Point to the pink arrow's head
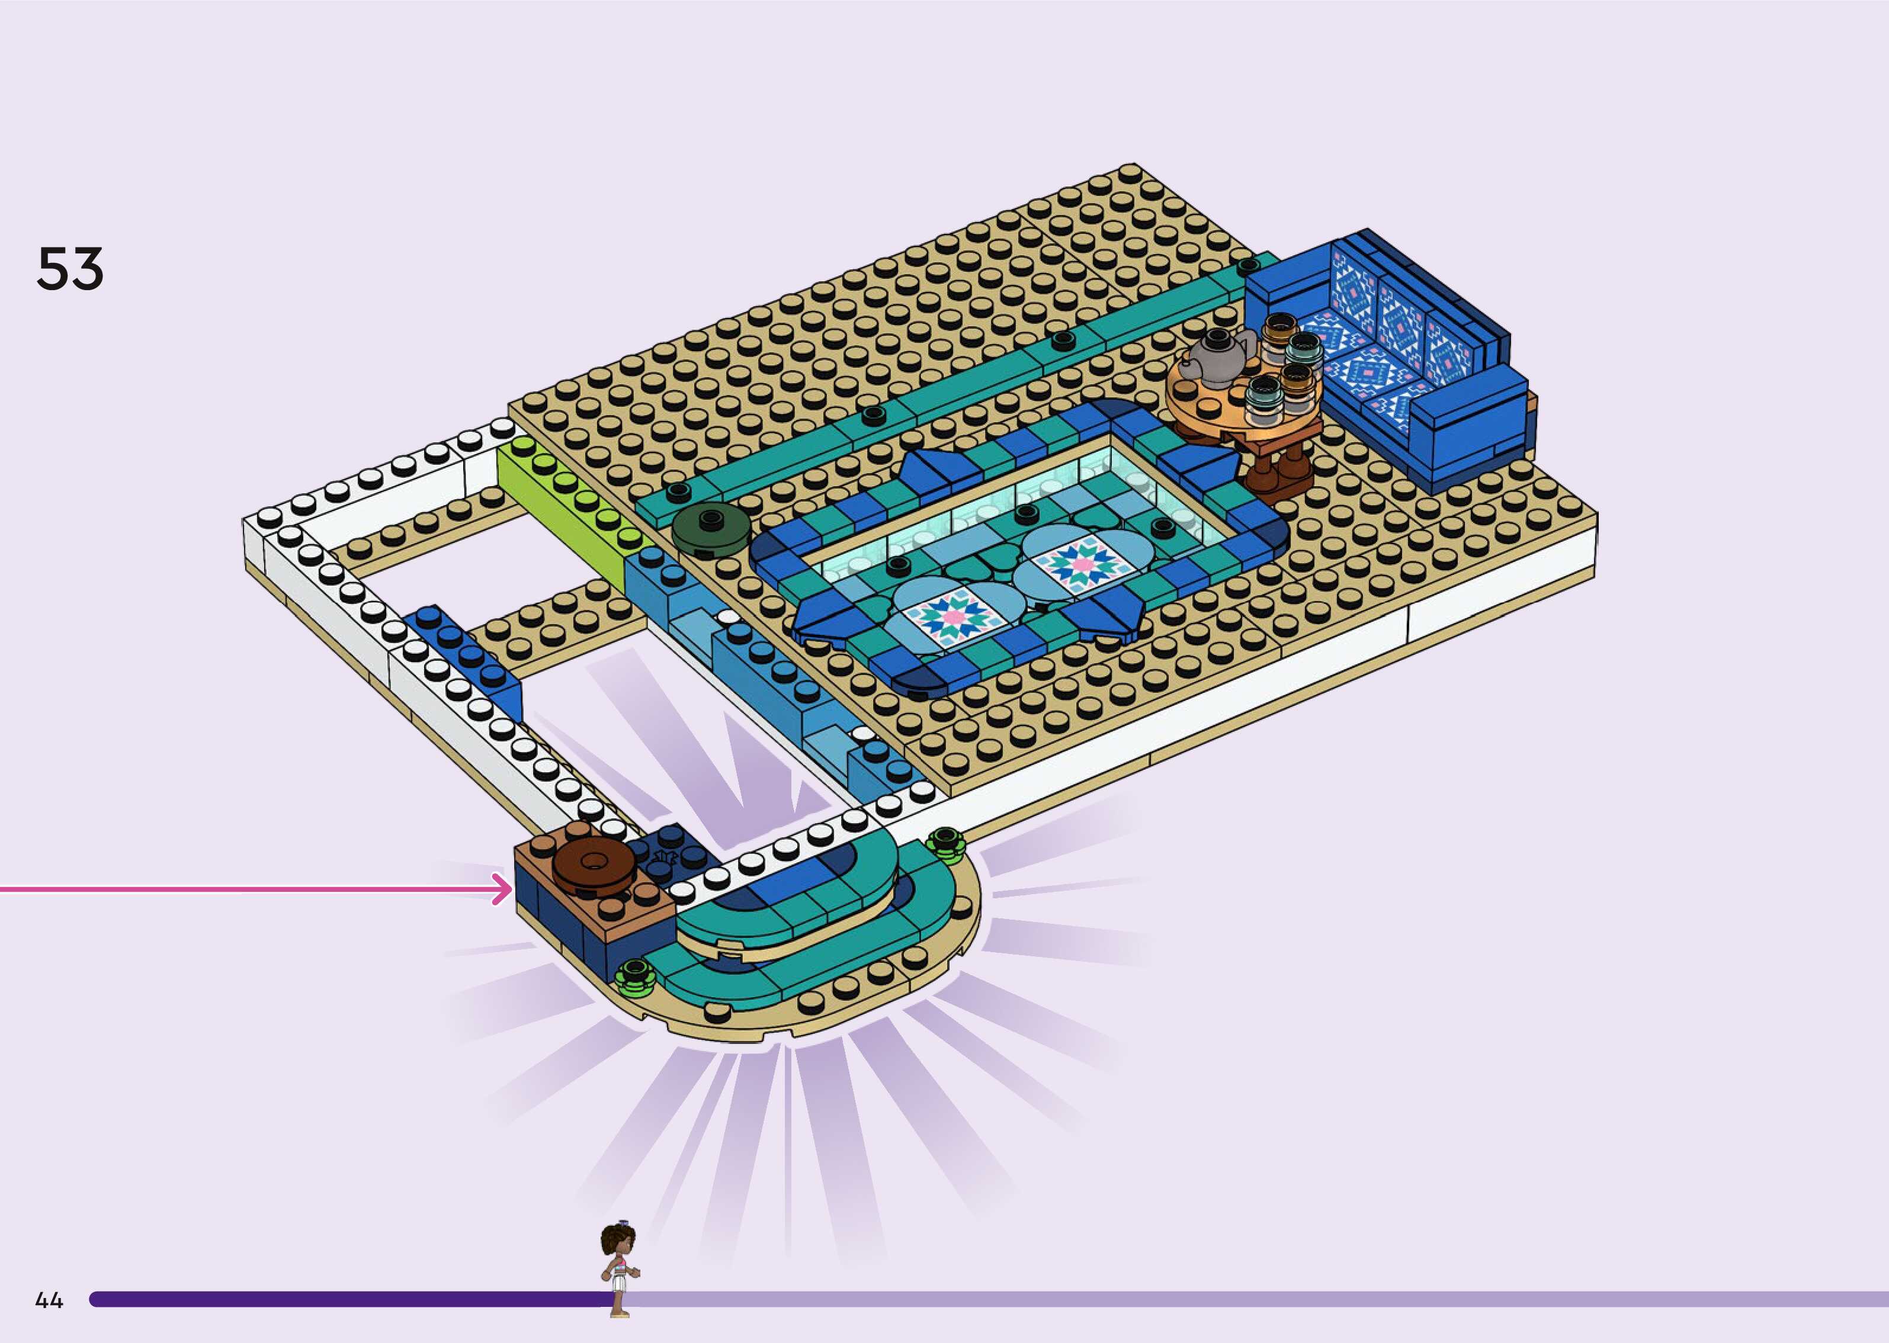503,889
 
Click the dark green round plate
710,530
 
